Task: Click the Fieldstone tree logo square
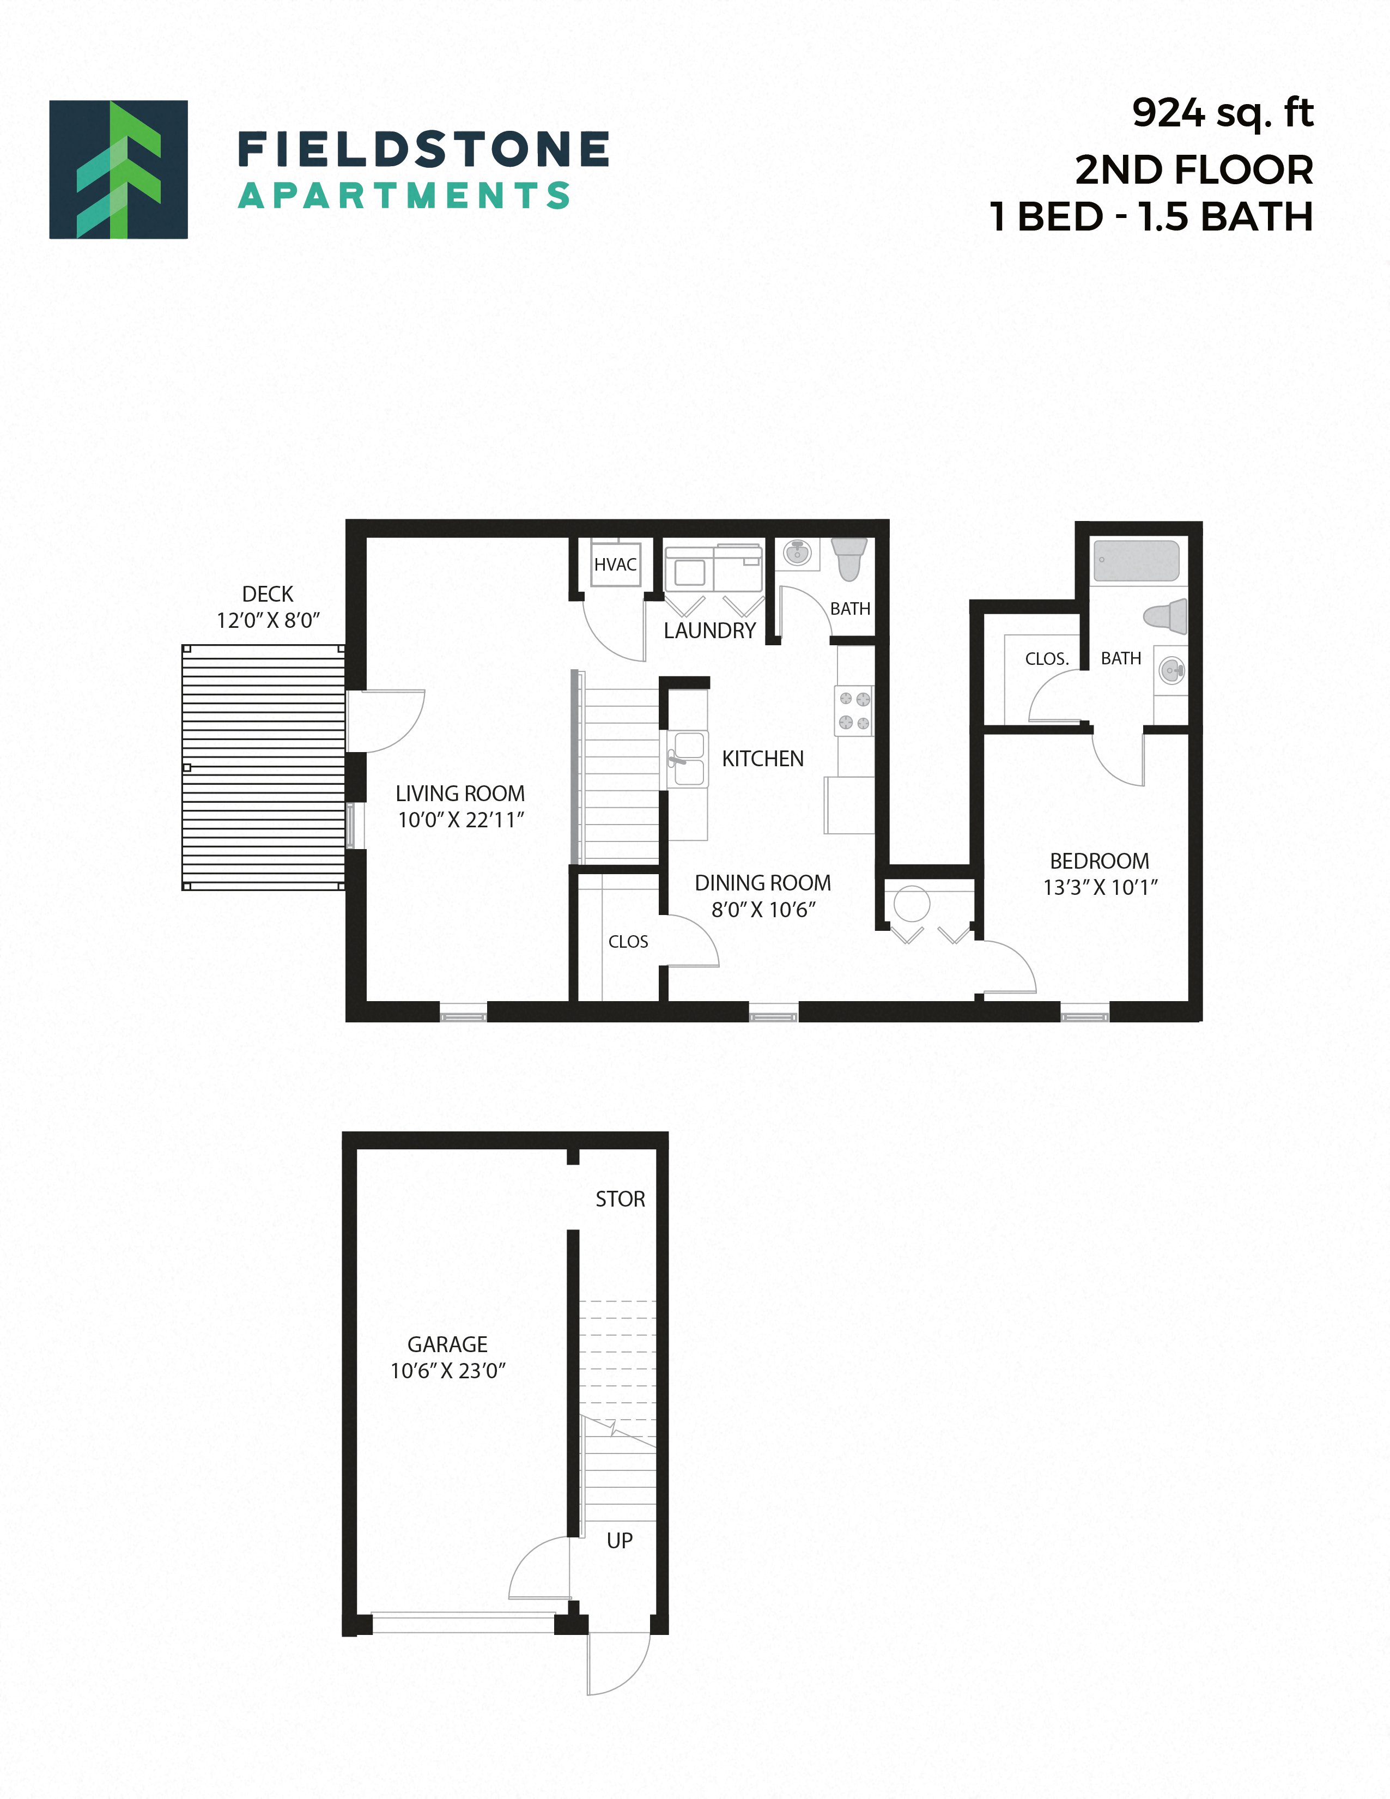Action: (x=119, y=169)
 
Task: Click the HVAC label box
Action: (x=615, y=564)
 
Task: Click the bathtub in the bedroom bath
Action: (x=1137, y=561)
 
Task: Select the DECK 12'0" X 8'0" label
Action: (x=268, y=607)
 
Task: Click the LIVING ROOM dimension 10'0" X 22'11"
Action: (x=460, y=820)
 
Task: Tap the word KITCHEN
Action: (x=762, y=759)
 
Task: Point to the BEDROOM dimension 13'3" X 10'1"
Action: (x=1100, y=887)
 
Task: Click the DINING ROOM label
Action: (x=762, y=883)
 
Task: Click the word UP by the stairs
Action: (x=619, y=1540)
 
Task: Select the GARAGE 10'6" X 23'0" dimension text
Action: (x=448, y=1371)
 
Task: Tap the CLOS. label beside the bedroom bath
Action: (x=1047, y=659)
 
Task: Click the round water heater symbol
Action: (x=912, y=904)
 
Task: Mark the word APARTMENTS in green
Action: (x=404, y=196)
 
